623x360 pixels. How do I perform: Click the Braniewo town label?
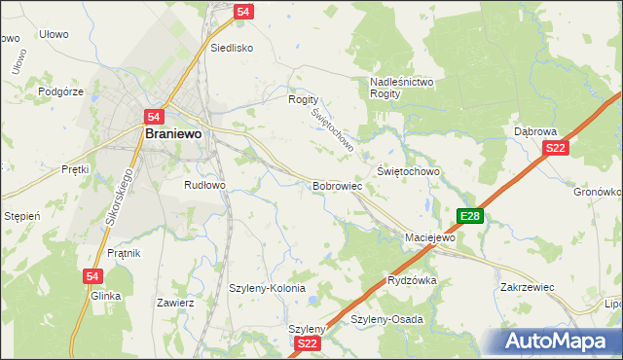[172, 135]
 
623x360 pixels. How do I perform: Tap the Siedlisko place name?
[232, 47]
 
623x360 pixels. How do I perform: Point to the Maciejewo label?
[430, 237]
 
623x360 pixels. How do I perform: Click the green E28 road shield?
[469, 216]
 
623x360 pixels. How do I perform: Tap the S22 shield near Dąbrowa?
[555, 148]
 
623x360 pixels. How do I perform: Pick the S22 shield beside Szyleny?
[308, 343]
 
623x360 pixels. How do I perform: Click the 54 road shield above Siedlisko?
[243, 11]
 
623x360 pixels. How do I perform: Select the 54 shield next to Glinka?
[92, 276]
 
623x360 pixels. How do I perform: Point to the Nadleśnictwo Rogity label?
[402, 89]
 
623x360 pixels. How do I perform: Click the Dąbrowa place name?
[534, 130]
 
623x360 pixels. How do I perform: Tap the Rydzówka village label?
[412, 279]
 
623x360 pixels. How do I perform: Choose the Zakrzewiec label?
[527, 288]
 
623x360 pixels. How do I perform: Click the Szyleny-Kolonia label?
[267, 289]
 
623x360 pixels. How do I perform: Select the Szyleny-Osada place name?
[386, 319]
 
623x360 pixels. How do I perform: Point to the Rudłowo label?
[204, 184]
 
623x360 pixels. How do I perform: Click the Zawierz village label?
[175, 303]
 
